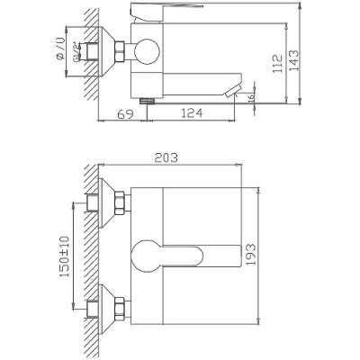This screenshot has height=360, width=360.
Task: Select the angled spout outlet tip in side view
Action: (233, 88)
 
